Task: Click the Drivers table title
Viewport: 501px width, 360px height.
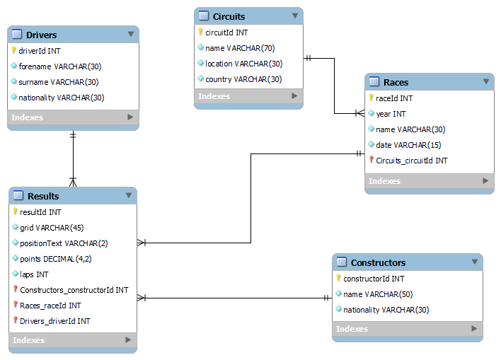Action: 41,35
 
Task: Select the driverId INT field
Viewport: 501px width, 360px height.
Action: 40,51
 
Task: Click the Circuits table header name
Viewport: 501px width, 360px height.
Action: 229,16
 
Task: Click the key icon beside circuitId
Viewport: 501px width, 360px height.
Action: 200,32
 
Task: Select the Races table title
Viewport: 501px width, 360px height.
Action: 396,82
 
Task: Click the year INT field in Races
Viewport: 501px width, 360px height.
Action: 391,114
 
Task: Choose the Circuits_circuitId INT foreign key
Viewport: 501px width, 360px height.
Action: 411,161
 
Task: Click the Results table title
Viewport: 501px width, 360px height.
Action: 43,196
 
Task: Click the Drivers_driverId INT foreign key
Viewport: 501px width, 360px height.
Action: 55,321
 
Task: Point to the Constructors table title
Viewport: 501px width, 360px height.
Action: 378,262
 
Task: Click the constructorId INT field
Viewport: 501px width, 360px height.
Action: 374,279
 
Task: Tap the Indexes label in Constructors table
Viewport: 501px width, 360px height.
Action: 352,329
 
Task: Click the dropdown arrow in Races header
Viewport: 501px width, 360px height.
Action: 485,81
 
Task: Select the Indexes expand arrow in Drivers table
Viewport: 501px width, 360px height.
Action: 129,117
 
